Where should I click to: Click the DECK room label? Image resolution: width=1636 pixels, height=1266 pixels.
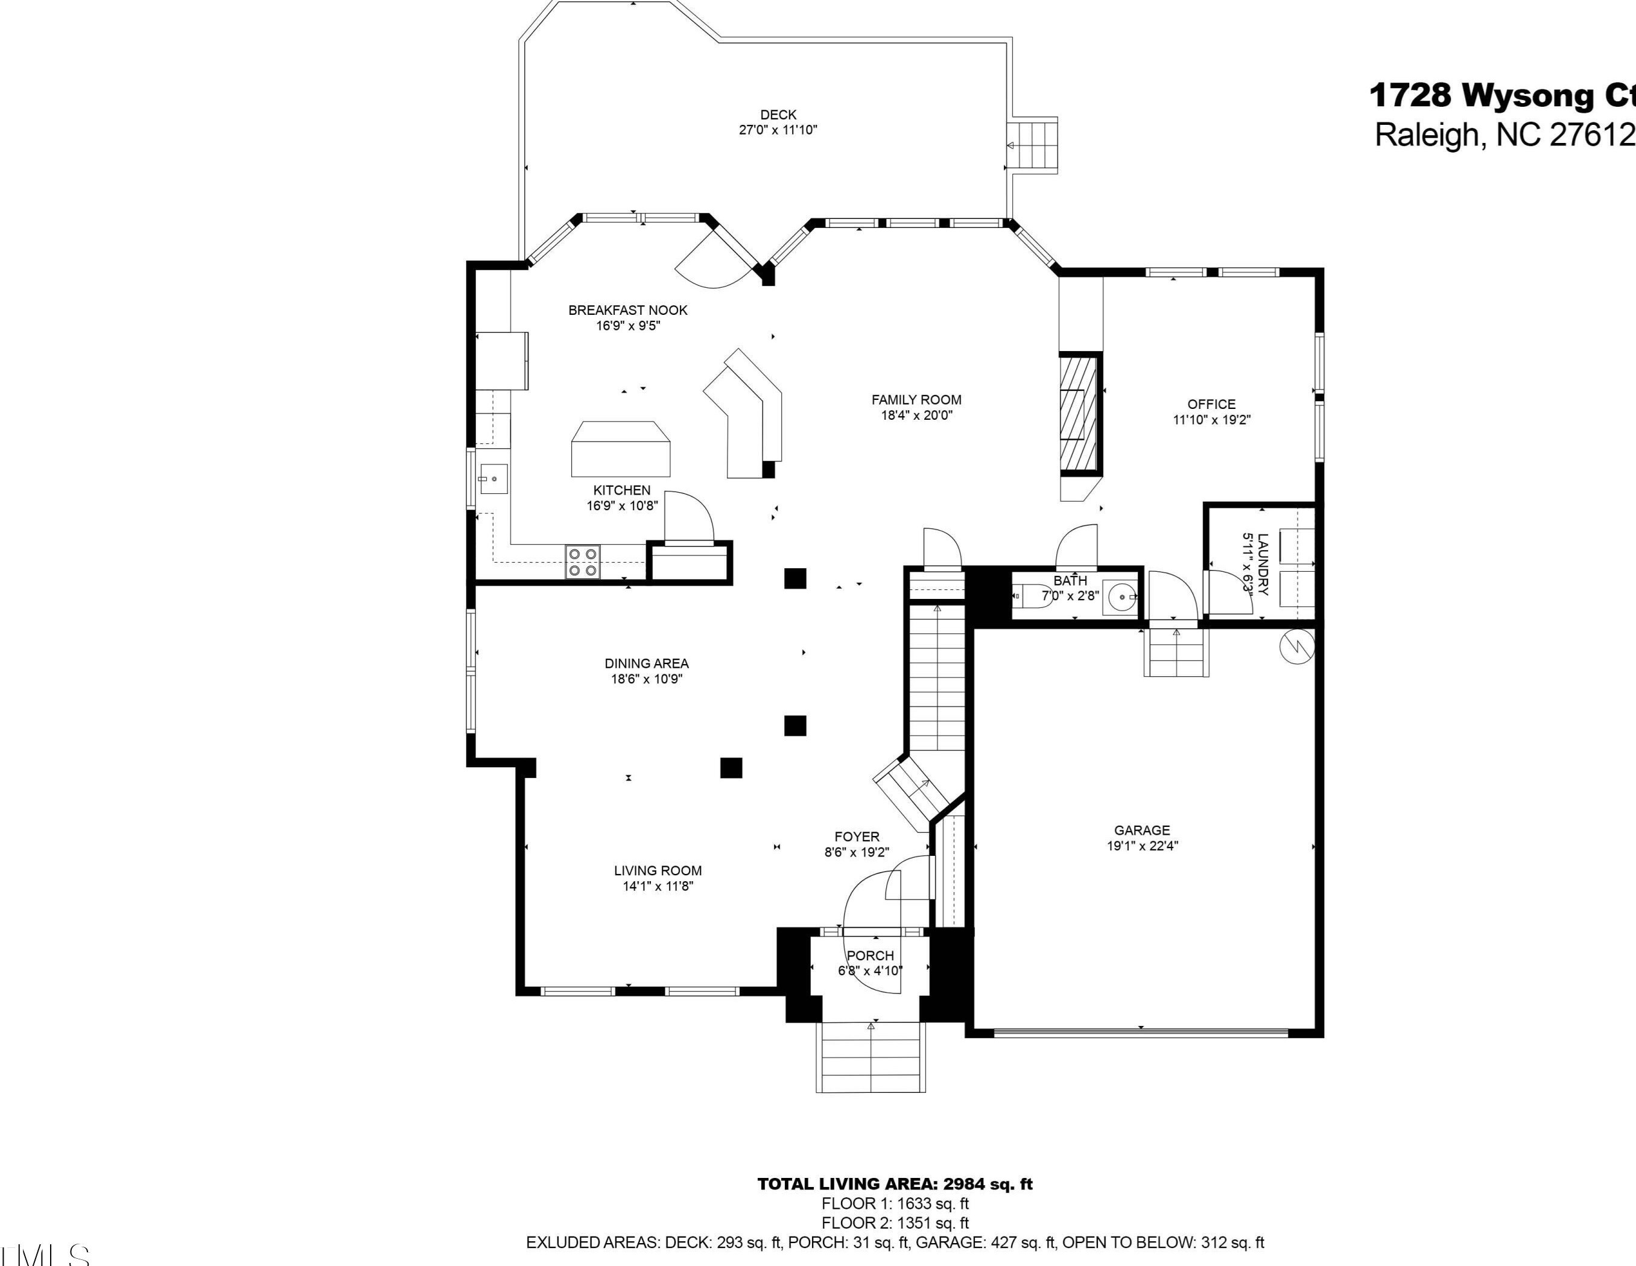(x=778, y=115)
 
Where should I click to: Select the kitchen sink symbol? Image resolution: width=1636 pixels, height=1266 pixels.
(x=493, y=479)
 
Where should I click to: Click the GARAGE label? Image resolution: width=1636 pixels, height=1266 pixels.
(x=1141, y=830)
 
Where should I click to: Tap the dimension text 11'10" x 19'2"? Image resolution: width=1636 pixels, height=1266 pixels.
(x=1211, y=420)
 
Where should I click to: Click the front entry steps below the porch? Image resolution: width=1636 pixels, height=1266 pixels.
(x=871, y=1057)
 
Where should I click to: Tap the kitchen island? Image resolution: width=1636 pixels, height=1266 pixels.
(x=621, y=449)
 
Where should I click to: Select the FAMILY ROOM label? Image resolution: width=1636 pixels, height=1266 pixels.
(x=916, y=400)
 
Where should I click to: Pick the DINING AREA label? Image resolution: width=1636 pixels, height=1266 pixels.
(x=647, y=663)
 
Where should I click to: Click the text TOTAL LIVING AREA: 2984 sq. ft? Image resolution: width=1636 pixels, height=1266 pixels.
(x=895, y=1185)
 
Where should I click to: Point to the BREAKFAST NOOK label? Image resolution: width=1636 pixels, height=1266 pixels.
(x=628, y=310)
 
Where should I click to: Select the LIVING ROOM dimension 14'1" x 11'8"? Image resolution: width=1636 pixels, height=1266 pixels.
(x=658, y=886)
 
